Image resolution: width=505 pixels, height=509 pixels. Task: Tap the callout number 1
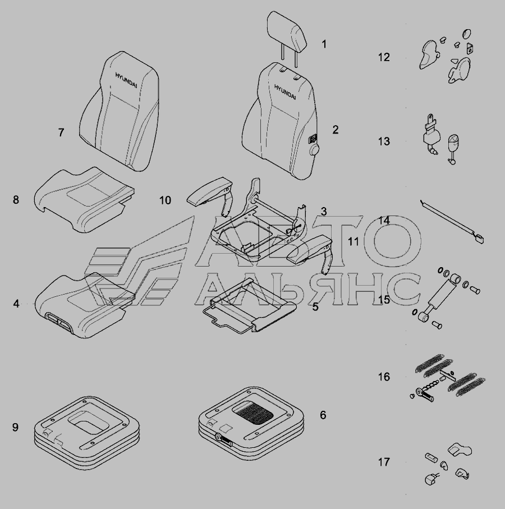pos(324,44)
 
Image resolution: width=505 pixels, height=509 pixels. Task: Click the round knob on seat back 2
pos(314,150)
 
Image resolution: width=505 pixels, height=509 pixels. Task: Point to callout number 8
pos(16,200)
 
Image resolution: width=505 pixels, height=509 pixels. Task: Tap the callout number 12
pos(384,57)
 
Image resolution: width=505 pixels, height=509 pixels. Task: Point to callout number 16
pos(384,377)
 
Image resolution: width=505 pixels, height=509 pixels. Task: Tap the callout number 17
pos(384,462)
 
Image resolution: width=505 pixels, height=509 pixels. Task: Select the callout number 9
pos(15,427)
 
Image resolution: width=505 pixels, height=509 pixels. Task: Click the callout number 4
pos(16,304)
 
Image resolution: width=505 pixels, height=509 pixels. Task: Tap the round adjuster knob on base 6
pos(219,437)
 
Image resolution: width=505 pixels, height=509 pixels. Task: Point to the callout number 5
pos(315,306)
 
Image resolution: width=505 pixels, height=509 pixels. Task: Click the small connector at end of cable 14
pos(480,240)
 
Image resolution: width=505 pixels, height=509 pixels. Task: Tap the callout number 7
pos(61,132)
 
